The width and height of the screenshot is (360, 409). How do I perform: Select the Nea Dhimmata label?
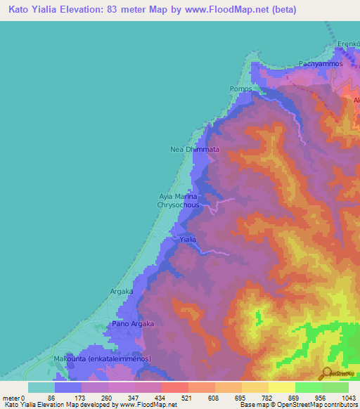195,150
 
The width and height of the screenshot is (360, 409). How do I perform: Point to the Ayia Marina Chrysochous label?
179,201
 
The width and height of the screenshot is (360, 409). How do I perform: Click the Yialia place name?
188,240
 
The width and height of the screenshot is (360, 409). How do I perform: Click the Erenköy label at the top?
349,44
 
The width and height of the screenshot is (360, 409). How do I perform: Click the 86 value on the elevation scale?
51,397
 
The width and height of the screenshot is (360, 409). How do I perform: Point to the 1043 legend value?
349,397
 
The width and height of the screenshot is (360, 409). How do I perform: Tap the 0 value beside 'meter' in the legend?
22,397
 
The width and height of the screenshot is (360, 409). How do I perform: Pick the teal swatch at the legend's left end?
41,387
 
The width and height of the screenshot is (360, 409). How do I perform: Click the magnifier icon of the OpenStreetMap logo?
327,372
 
